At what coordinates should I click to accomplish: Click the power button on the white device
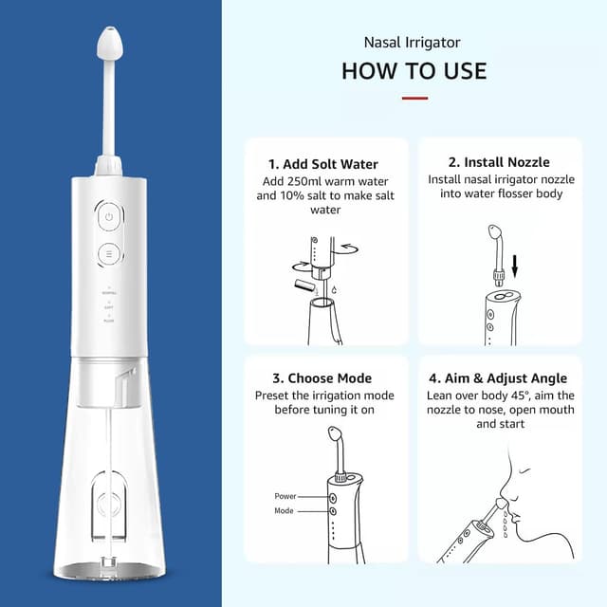[109, 217]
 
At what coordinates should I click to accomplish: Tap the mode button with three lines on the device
[109, 254]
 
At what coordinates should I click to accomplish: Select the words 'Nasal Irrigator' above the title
[412, 43]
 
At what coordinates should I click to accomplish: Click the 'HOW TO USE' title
[414, 71]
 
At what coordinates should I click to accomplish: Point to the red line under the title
[414, 99]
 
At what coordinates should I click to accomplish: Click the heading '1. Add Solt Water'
[323, 164]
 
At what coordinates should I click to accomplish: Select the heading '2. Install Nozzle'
[499, 162]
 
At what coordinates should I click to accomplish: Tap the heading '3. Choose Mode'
[322, 378]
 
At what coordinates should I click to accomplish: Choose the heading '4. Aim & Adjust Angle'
[498, 378]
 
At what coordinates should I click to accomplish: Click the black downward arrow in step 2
[514, 266]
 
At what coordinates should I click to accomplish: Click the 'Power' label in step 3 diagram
[285, 496]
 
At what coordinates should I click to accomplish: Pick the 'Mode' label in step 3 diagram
[284, 510]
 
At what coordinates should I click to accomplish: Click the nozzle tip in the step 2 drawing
[495, 232]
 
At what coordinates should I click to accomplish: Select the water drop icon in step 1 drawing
[335, 289]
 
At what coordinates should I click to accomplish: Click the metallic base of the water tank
[110, 571]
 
